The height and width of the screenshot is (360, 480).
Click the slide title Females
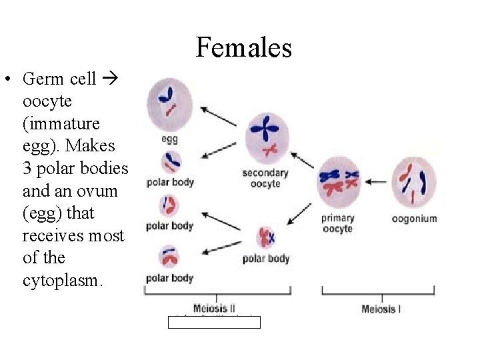[243, 48]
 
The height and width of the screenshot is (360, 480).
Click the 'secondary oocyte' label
[265, 178]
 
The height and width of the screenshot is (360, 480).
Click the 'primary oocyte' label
[337, 223]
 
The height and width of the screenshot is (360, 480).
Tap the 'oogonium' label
[414, 218]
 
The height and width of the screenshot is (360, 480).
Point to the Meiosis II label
[214, 309]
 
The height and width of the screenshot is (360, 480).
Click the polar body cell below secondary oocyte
[265, 237]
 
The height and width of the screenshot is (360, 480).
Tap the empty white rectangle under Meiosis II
[214, 323]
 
